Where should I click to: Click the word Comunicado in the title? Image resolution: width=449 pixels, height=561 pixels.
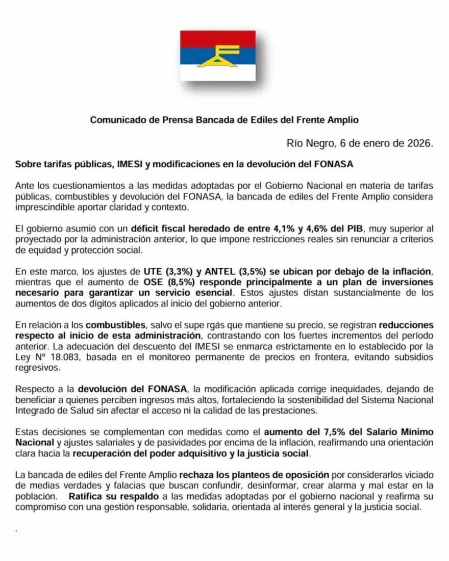point(116,120)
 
